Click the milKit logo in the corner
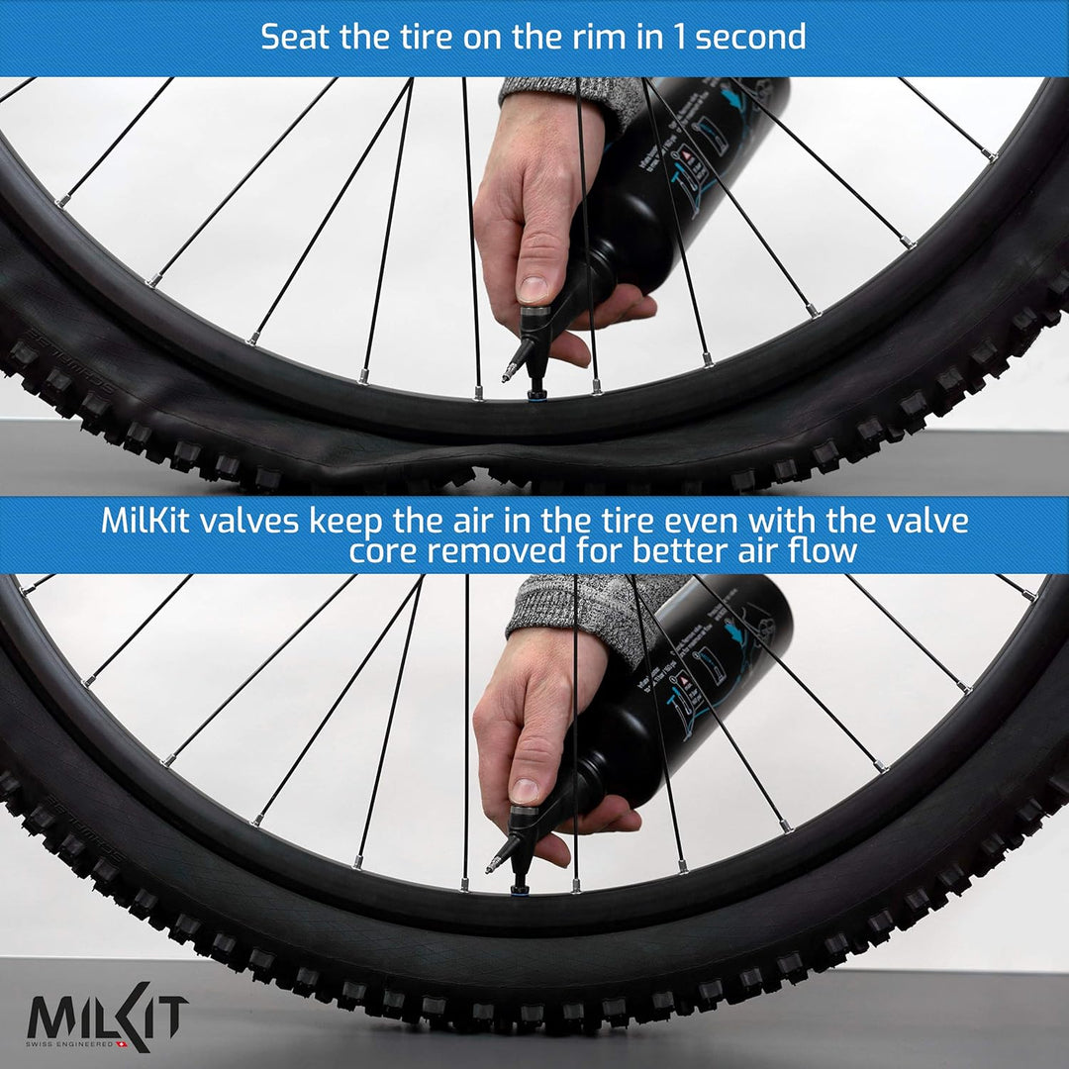pos(107,1019)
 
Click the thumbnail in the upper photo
pos(534,289)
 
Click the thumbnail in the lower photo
pos(526,790)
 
